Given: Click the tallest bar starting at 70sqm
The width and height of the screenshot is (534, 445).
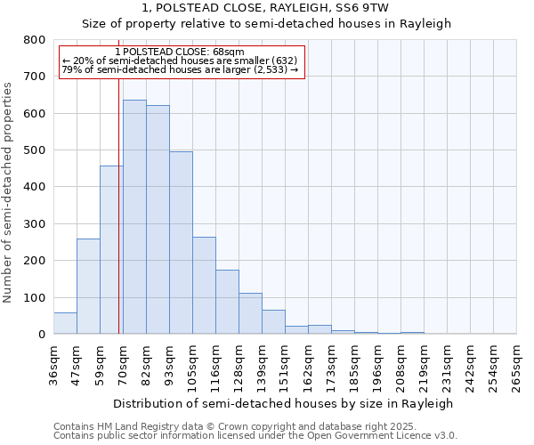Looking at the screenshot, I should [x=134, y=217].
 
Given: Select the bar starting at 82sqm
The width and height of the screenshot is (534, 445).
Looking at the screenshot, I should [x=158, y=220].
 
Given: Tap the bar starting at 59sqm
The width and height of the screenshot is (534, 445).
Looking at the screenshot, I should [x=111, y=250].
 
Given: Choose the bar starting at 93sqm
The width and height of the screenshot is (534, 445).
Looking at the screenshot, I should [x=181, y=243].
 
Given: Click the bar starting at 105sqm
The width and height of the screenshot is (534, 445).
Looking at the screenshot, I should [x=204, y=286].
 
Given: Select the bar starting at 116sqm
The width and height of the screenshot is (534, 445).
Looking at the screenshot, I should [x=227, y=302].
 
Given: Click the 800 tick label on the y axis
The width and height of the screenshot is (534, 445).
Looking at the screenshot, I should [x=34, y=40].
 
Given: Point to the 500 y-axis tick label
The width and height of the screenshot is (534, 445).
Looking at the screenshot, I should [x=34, y=150].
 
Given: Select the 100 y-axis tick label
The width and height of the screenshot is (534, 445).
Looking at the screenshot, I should [x=34, y=297].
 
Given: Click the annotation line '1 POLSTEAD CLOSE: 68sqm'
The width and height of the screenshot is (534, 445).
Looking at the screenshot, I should [x=180, y=52].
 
